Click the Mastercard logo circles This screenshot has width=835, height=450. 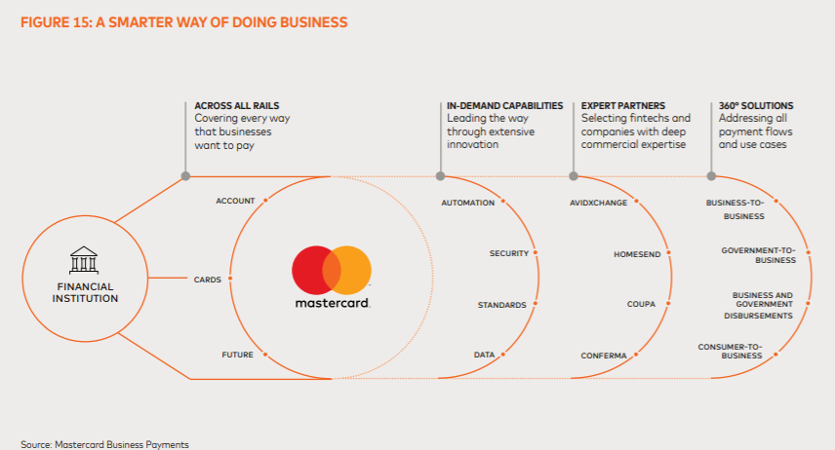pyautogui.click(x=332, y=270)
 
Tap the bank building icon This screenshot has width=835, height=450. pyautogui.click(x=84, y=259)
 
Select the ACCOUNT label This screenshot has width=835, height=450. pyautogui.click(x=235, y=201)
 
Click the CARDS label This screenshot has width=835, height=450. pyautogui.click(x=208, y=280)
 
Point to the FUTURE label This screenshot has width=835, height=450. pyautogui.click(x=237, y=355)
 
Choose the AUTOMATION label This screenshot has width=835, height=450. pyautogui.click(x=467, y=203)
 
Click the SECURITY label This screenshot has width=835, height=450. pyautogui.click(x=508, y=253)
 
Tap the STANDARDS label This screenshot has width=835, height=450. pyautogui.click(x=501, y=305)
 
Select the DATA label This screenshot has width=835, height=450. pyautogui.click(x=484, y=355)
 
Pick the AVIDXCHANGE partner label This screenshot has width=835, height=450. pyautogui.click(x=598, y=203)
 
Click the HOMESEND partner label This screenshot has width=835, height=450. pyautogui.click(x=637, y=253)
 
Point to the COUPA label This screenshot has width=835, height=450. pyautogui.click(x=641, y=305)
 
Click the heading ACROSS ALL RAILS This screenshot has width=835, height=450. pyautogui.click(x=230, y=105)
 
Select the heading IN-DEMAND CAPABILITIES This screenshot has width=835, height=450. pyautogui.click(x=505, y=105)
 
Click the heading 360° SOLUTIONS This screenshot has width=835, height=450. pyautogui.click(x=756, y=105)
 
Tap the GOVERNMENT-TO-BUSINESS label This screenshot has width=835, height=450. pyautogui.click(x=758, y=255)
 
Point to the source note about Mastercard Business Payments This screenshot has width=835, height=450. pyautogui.click(x=104, y=443)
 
